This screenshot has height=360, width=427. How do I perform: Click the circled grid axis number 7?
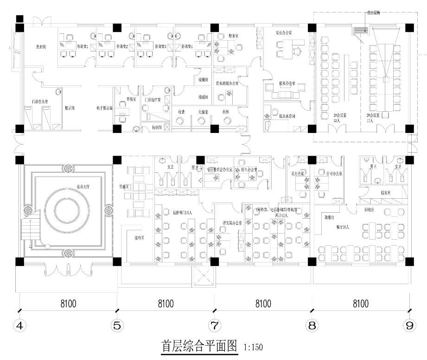pos(214,326)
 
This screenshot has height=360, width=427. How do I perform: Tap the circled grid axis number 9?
pos(409,326)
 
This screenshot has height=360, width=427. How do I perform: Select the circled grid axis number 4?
pos(19,326)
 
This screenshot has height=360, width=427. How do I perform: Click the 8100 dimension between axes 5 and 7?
pos(166,304)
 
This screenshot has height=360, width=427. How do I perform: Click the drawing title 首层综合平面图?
pos(199,346)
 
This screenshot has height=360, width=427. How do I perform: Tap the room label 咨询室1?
pos(82,46)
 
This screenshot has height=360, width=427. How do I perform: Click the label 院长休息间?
pos(287,116)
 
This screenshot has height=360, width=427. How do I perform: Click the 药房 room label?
pos(226,112)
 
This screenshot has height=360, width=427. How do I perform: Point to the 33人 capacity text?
pos(337,120)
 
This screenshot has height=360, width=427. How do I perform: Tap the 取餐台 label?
pos(330,216)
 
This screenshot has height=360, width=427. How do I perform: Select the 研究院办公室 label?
pos(232,223)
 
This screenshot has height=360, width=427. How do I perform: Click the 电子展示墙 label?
pos(104,107)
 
